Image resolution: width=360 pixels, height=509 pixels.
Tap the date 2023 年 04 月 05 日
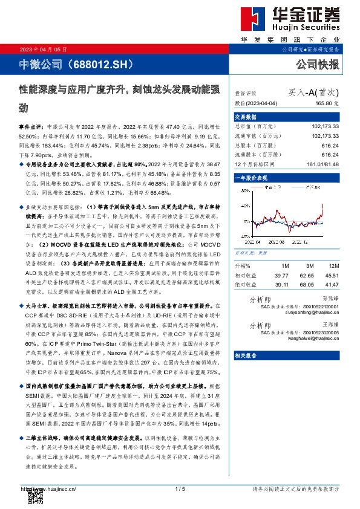point(44,48)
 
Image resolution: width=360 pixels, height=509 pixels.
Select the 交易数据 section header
point(246,117)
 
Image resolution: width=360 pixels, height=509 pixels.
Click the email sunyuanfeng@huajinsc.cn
point(315,312)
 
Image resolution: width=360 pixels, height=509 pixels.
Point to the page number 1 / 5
point(179,488)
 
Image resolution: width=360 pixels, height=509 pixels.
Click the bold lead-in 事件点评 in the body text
point(31,129)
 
